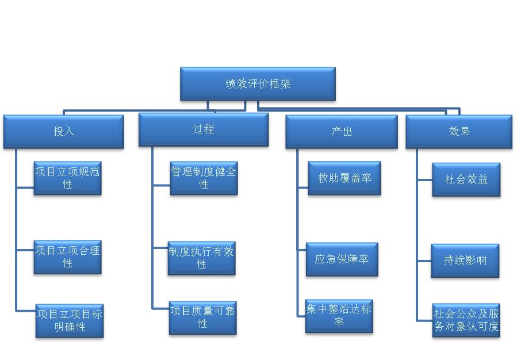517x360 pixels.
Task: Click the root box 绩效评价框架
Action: pos(258,84)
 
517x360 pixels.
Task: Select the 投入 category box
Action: pos(64,132)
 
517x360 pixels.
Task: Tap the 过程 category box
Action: pos(204,130)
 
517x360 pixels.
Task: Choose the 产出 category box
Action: pos(342,132)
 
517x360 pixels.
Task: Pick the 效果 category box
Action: pos(459,132)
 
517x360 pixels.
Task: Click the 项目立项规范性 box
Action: pos(67,178)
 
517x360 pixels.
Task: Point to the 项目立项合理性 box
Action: pos(67,257)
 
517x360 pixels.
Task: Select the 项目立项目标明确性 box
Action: pos(70,320)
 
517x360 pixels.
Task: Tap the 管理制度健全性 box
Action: pos(204,178)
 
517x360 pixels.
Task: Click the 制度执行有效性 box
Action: pos(201,258)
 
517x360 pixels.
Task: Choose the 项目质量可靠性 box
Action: pos(202,317)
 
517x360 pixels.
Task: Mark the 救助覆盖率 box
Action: pos(344,178)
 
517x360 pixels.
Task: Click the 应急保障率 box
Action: pos(342,259)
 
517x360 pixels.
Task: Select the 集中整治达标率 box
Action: pos(339,316)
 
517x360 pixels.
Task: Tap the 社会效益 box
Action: pos(466,179)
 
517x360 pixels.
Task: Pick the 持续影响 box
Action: pos(465,261)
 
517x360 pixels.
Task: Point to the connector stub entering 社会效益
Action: pos(424,179)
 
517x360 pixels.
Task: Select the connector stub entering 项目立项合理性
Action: pos(25,250)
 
